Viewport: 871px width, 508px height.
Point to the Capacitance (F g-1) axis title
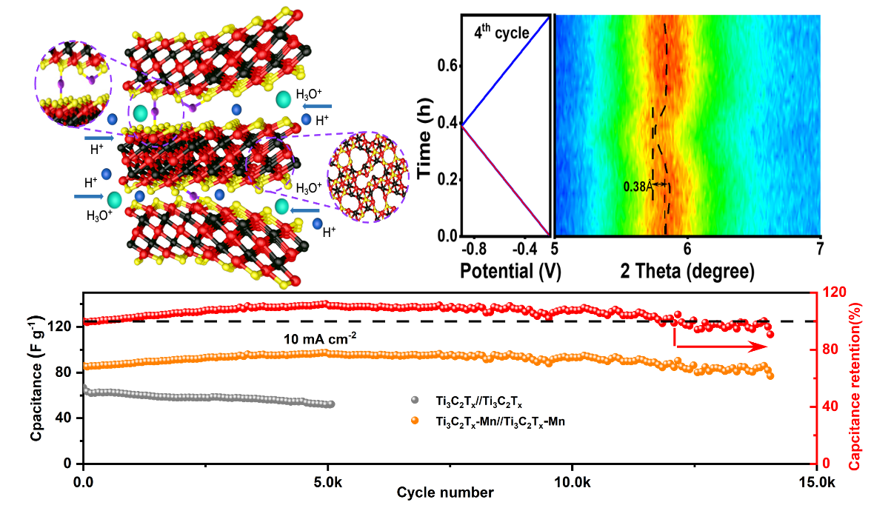point(35,378)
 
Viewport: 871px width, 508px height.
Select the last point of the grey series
point(331,404)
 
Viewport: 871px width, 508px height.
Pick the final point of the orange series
point(770,375)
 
